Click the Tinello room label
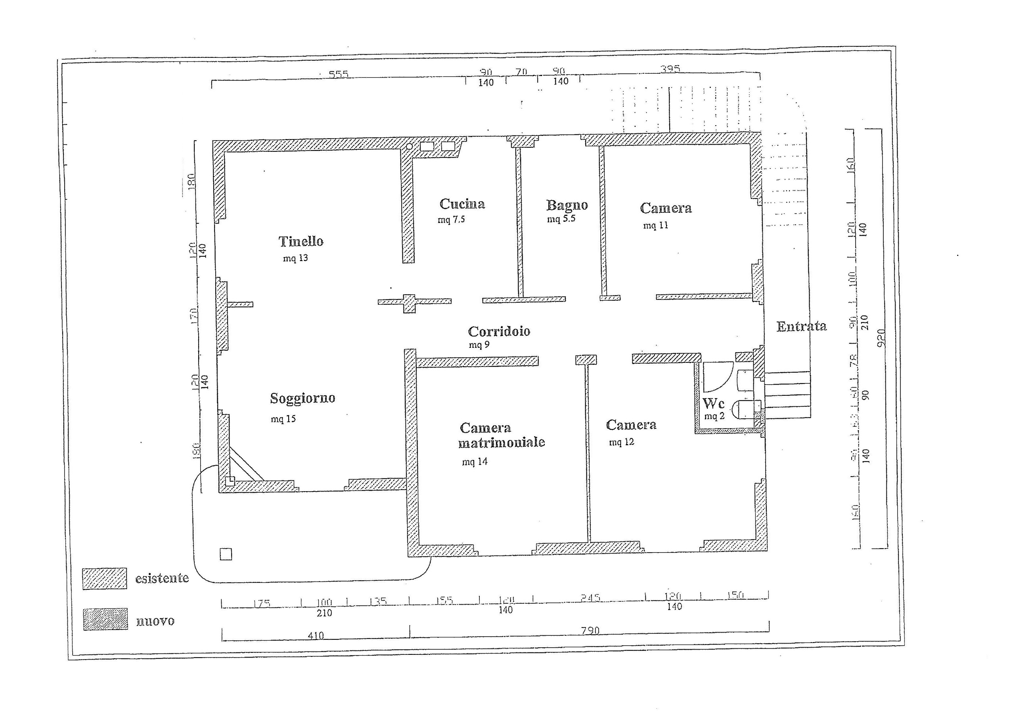click(301, 241)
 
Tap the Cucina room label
click(462, 204)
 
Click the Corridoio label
click(499, 331)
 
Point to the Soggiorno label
click(303, 398)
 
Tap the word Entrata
click(801, 326)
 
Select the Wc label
click(713, 403)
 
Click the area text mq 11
click(655, 225)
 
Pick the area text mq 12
click(621, 442)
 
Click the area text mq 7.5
click(451, 219)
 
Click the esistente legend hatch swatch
click(104, 579)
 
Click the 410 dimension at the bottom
click(315, 635)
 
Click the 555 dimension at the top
click(338, 74)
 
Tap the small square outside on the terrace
click(226, 554)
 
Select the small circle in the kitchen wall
click(409, 146)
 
